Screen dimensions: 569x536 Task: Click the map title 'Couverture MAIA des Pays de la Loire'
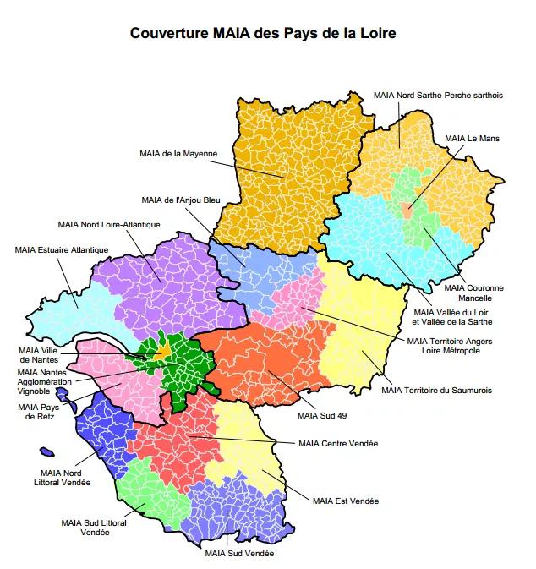pyautogui.click(x=263, y=35)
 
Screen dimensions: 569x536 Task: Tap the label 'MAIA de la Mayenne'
pyautogui.click(x=178, y=153)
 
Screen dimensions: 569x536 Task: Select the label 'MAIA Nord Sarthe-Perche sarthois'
pyautogui.click(x=438, y=96)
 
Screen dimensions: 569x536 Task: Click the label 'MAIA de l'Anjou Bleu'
pyautogui.click(x=180, y=200)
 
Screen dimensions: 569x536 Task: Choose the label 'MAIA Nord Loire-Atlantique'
pyautogui.click(x=109, y=224)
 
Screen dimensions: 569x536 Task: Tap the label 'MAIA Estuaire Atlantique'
pyautogui.click(x=62, y=249)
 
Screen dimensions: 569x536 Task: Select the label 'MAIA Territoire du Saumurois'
pyautogui.click(x=436, y=390)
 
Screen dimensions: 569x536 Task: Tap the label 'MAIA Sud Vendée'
pyautogui.click(x=239, y=554)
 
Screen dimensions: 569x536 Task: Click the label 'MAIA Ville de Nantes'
pyautogui.click(x=40, y=355)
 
